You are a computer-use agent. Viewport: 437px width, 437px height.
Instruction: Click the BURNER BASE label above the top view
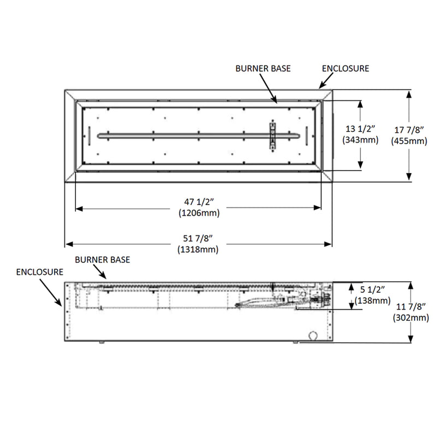click(263, 69)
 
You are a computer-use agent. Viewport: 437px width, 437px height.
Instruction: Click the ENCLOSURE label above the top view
click(345, 69)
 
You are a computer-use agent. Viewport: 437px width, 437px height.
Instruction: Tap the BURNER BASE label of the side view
click(103, 260)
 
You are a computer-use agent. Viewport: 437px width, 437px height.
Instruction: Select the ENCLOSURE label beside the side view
click(40, 271)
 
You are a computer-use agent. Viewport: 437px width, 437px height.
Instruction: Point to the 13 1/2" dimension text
click(358, 129)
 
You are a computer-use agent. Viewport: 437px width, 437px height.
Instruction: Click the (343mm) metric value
click(358, 140)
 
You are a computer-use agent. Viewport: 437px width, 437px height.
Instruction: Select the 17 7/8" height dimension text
click(409, 130)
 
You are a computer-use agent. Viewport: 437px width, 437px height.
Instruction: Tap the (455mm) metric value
click(409, 141)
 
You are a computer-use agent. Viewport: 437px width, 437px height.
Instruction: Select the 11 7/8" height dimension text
click(410, 308)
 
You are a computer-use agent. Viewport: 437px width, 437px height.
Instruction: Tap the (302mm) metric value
click(410, 318)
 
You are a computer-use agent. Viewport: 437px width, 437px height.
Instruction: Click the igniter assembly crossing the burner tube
click(273, 135)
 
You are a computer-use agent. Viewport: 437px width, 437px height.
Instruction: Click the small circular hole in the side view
click(313, 335)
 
